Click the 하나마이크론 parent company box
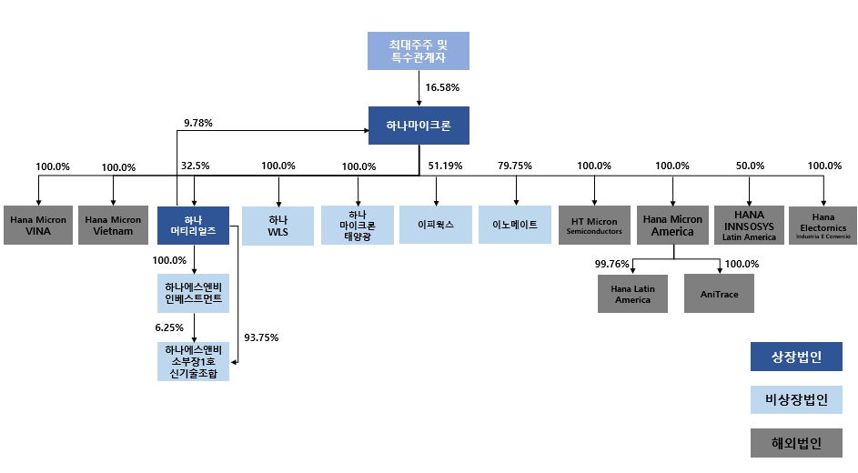coord(419,126)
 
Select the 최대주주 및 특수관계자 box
coord(419,51)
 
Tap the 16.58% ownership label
coord(442,88)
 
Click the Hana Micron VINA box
coord(38,225)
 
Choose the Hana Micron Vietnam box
coord(114,225)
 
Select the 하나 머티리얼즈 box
coord(193,225)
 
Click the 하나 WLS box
coord(278,225)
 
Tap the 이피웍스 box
coord(436,224)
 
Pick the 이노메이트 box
coord(515,224)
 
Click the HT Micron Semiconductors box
coord(594,225)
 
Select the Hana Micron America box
coord(672,225)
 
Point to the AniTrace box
coord(719,294)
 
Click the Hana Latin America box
coord(632,294)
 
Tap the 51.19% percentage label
coord(444,166)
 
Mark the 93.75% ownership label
coord(261,337)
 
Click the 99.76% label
coord(611,264)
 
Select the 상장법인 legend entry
coord(796,357)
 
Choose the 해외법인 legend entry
coord(796,443)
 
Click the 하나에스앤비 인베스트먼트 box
coord(193,293)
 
